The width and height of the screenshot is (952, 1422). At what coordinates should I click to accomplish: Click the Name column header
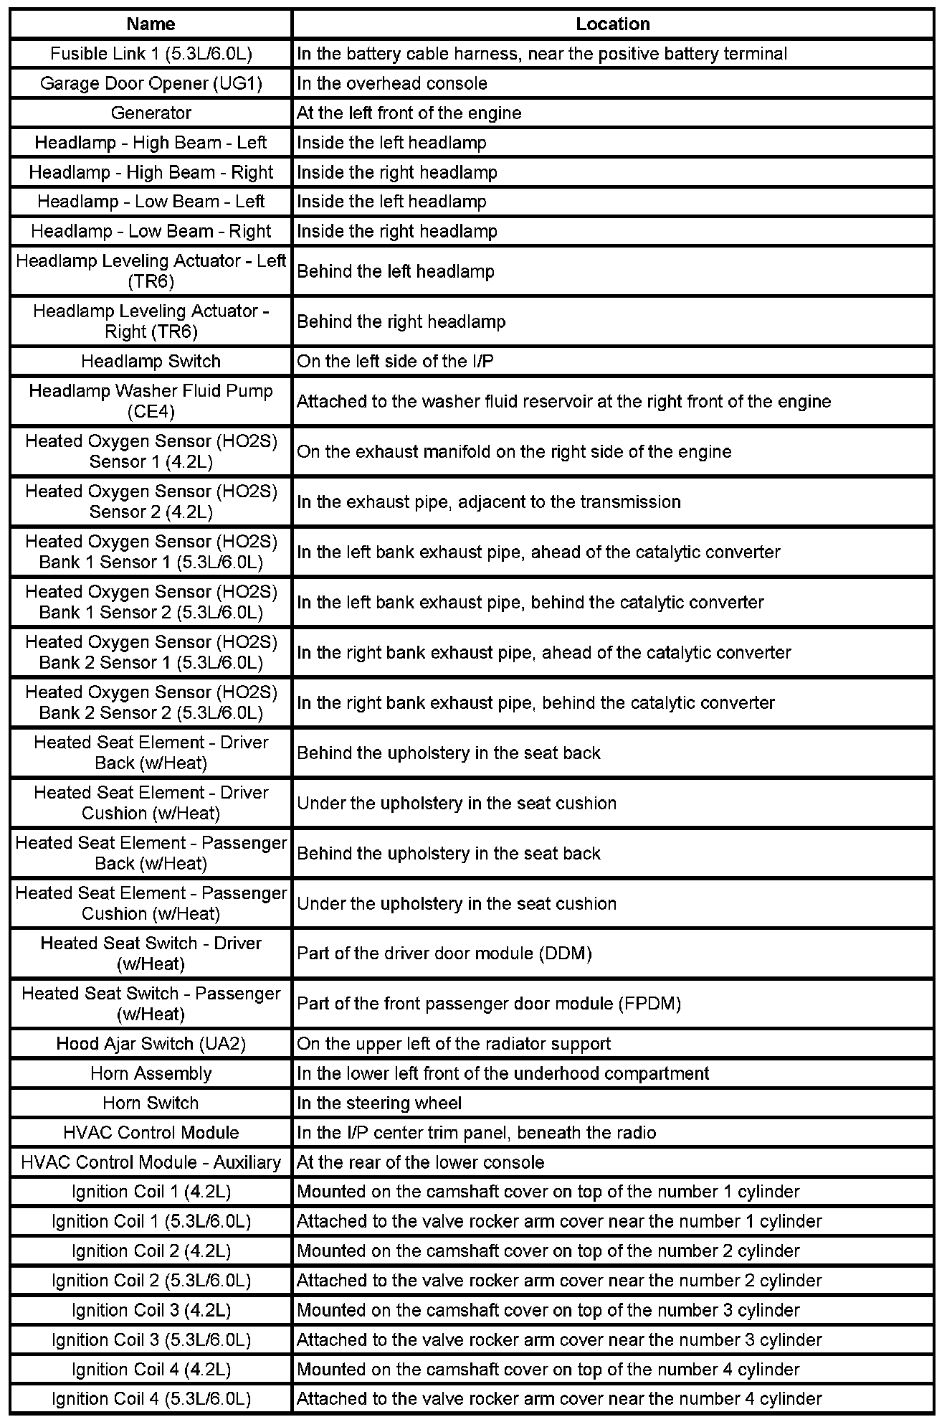coord(151,24)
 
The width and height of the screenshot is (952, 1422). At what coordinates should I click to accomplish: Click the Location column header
coord(612,24)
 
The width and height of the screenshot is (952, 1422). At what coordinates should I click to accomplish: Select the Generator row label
coord(151,113)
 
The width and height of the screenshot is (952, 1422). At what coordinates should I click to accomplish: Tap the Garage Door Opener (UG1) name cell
coord(151,83)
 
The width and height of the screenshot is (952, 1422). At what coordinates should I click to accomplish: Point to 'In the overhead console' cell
coord(392,83)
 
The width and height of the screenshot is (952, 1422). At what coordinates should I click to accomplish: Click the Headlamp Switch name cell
coord(151,361)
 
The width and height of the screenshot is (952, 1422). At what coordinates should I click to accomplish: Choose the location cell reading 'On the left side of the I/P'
coord(395,361)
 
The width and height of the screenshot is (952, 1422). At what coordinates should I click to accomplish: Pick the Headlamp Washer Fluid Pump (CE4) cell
coord(151,401)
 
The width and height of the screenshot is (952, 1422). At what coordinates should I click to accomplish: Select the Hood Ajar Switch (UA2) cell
coord(151,1043)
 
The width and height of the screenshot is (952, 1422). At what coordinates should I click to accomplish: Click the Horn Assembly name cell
coord(151,1073)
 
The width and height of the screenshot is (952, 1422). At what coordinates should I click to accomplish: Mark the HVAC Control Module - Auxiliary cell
coord(151,1162)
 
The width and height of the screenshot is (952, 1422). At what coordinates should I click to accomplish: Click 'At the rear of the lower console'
coord(421,1162)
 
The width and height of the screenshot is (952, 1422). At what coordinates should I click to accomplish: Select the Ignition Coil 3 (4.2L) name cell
coord(151,1310)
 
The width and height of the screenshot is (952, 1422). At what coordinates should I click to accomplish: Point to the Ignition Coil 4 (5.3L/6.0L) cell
coord(151,1398)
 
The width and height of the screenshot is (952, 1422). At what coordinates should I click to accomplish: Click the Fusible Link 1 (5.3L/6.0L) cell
coord(151,54)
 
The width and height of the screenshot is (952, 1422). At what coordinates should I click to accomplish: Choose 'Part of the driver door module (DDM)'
coord(444,954)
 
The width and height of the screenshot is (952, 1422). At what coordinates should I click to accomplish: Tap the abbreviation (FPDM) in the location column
coord(649,1004)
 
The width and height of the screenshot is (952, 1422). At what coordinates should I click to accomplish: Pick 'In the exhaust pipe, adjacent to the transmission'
coord(489,502)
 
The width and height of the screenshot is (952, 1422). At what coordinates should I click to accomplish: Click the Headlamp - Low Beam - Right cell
coord(151,231)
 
